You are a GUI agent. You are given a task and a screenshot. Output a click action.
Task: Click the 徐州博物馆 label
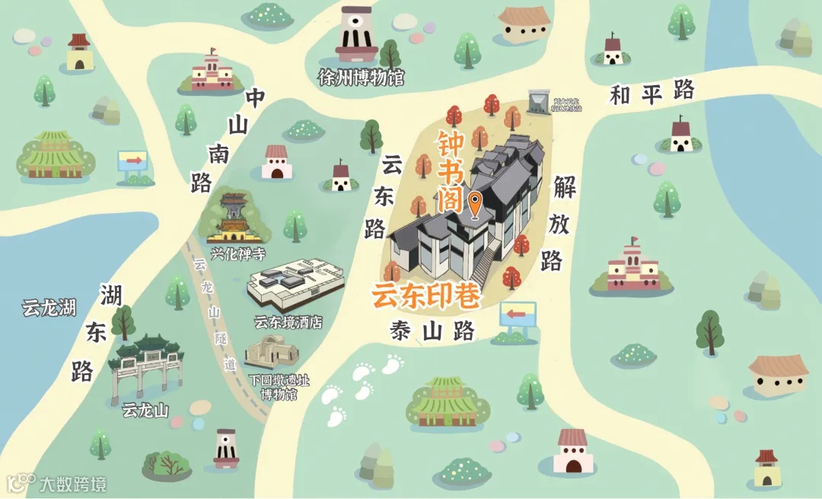pos(361,78)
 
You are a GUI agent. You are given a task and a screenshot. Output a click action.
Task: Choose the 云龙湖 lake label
pos(49,308)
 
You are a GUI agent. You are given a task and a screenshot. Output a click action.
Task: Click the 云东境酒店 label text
pos(288,323)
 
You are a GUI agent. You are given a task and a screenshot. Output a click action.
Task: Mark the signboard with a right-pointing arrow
pos(132,162)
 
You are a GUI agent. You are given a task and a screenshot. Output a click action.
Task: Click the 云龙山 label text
pos(145,412)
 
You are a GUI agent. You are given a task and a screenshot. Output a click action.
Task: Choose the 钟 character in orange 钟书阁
pos(451,142)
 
